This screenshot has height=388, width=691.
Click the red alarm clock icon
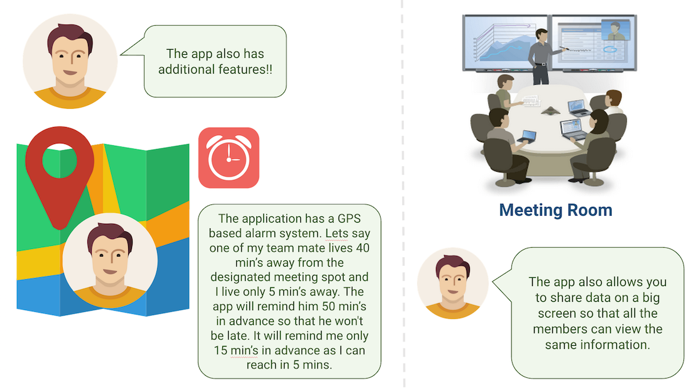pyautogui.click(x=229, y=158)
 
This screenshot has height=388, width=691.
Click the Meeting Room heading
pyautogui.click(x=555, y=209)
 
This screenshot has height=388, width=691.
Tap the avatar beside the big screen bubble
pyautogui.click(x=452, y=282)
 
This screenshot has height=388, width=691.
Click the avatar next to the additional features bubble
pyautogui.click(x=70, y=60)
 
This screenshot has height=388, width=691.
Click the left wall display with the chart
pyautogui.click(x=506, y=41)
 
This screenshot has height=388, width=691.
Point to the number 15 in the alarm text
pyautogui.click(x=222, y=350)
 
